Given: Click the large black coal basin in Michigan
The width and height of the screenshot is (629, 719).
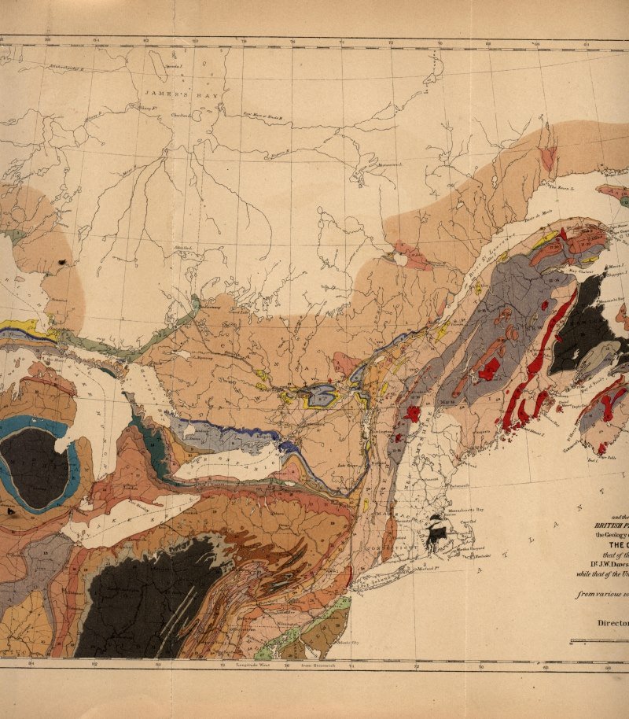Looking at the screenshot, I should (35, 468).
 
